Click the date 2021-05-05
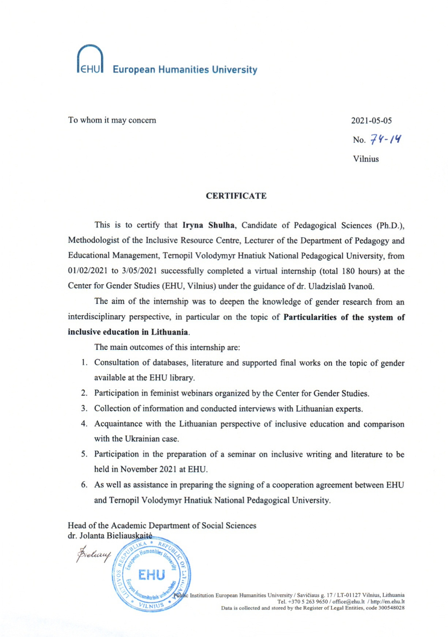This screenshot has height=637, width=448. click(371, 120)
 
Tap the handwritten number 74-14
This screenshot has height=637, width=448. click(385, 139)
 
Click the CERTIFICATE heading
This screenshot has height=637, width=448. click(236, 196)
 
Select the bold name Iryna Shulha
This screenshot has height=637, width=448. click(208, 225)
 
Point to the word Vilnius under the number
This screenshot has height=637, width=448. click(366, 159)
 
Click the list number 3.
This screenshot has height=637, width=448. click(84, 408)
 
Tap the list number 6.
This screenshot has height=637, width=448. click(84, 485)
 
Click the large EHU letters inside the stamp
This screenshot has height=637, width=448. click(151, 575)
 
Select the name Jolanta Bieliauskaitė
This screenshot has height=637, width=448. click(116, 536)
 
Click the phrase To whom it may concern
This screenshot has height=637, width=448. click(112, 120)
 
